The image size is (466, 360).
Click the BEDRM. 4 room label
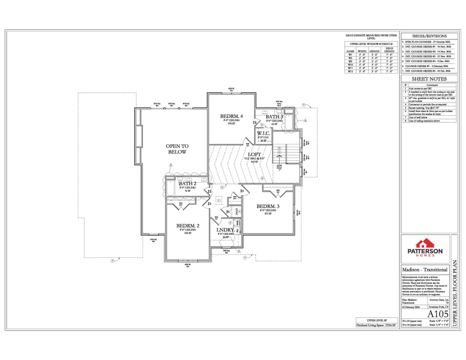pyautogui.click(x=232, y=116)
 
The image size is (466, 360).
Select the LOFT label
pyautogui.click(x=255, y=154)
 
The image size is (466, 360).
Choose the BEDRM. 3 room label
pyautogui.click(x=268, y=206)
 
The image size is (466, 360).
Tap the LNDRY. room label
pyautogui.click(x=225, y=230)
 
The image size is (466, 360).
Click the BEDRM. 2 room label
pyautogui.click(x=188, y=226)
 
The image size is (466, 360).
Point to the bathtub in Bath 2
pyautogui.click(x=170, y=190)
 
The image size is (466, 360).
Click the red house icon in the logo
pyautogui.click(x=425, y=243)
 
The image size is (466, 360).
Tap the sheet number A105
pyautogui.click(x=435, y=314)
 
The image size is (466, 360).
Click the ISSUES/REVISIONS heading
pyautogui.click(x=429, y=36)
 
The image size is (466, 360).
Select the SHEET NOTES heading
pyautogui.click(x=429, y=79)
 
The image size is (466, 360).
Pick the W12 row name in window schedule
pyautogui.click(x=350, y=71)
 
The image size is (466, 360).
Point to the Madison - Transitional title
pyautogui.click(x=425, y=270)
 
